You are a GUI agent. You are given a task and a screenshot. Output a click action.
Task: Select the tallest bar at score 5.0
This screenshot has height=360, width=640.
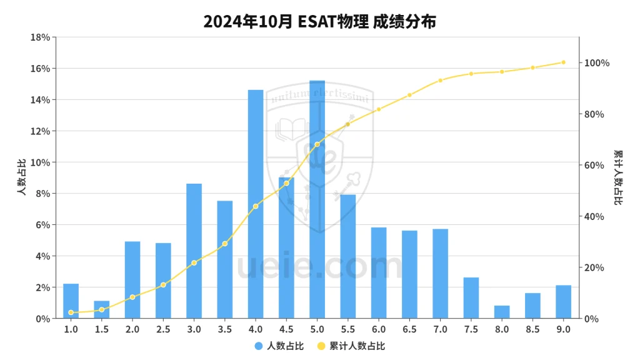(x=317, y=200)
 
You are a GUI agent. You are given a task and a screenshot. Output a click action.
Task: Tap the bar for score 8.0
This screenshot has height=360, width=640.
(x=502, y=312)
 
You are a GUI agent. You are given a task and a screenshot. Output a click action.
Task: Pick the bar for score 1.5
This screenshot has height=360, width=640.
(x=102, y=310)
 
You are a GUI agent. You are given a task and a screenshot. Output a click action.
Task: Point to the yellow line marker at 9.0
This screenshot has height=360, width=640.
(x=563, y=62)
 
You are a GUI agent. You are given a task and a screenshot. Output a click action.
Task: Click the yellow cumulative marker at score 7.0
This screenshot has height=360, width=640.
(x=440, y=81)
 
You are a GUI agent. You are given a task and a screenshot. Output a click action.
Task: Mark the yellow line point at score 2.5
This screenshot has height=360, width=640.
(x=163, y=285)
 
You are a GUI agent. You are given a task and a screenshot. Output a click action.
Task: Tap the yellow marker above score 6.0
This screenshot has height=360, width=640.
(x=379, y=109)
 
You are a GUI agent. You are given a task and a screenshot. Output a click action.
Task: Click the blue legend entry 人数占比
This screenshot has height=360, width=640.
(x=279, y=346)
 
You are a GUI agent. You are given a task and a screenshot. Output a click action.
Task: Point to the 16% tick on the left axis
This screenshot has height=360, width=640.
(x=41, y=69)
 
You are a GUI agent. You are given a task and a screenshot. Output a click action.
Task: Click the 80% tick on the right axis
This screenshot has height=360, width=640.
(x=596, y=114)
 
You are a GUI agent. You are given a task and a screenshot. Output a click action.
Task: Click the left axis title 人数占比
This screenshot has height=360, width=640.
(x=21, y=178)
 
